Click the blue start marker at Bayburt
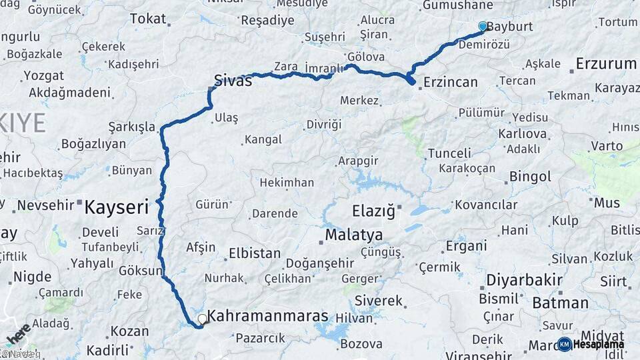click(483, 26)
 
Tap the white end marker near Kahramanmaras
click(202, 319)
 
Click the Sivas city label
click(233, 81)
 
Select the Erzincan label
click(451, 82)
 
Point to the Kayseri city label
click(116, 207)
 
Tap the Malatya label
click(354, 235)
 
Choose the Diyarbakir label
click(524, 279)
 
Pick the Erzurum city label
click(605, 64)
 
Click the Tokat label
click(147, 18)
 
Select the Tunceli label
click(449, 153)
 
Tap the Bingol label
click(530, 177)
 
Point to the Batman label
click(560, 303)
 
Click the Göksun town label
click(140, 271)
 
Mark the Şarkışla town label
click(131, 127)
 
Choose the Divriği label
click(323, 124)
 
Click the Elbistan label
click(255, 253)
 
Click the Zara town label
click(285, 67)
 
